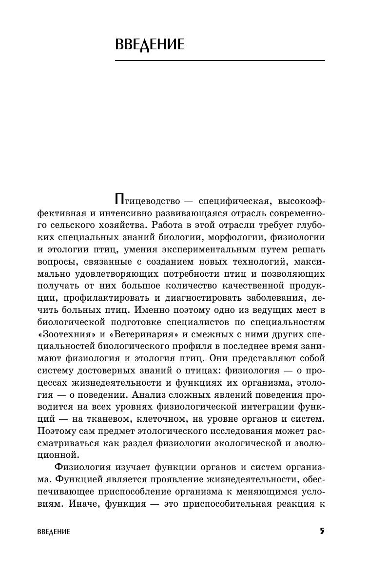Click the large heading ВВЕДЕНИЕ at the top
pyautogui.click(x=150, y=45)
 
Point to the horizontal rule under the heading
pyautogui.click(x=220, y=61)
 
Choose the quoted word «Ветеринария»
pyautogui.click(x=147, y=335)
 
